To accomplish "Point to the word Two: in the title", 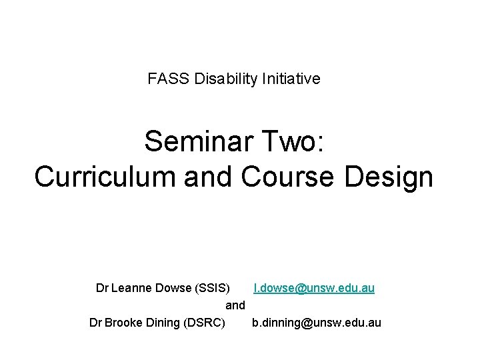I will click(x=293, y=141).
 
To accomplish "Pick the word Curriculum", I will click(x=95, y=177).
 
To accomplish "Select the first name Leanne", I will click(x=132, y=289).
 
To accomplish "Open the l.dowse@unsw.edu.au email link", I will click(x=313, y=289).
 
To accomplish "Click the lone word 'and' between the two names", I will click(x=236, y=305).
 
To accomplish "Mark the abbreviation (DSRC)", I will click(x=204, y=323).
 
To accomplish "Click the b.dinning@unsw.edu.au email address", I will click(x=317, y=323).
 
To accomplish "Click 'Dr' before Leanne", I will click(x=103, y=289).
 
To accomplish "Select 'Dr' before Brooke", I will click(x=96, y=323).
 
